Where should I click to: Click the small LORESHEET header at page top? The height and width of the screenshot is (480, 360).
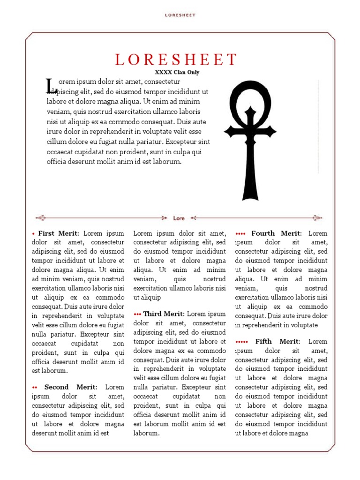(180, 15)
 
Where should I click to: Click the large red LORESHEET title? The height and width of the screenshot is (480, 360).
(177, 60)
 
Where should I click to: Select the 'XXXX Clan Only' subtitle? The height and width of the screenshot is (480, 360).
(177, 72)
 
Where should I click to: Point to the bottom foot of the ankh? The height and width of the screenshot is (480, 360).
(250, 195)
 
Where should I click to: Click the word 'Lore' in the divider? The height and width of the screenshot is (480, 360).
(179, 218)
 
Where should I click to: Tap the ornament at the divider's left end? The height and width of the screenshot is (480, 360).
(41, 218)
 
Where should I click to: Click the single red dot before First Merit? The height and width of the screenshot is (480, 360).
(33, 233)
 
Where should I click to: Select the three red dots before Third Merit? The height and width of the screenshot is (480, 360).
(138, 314)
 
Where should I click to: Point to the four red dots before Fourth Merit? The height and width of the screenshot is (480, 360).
(240, 233)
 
